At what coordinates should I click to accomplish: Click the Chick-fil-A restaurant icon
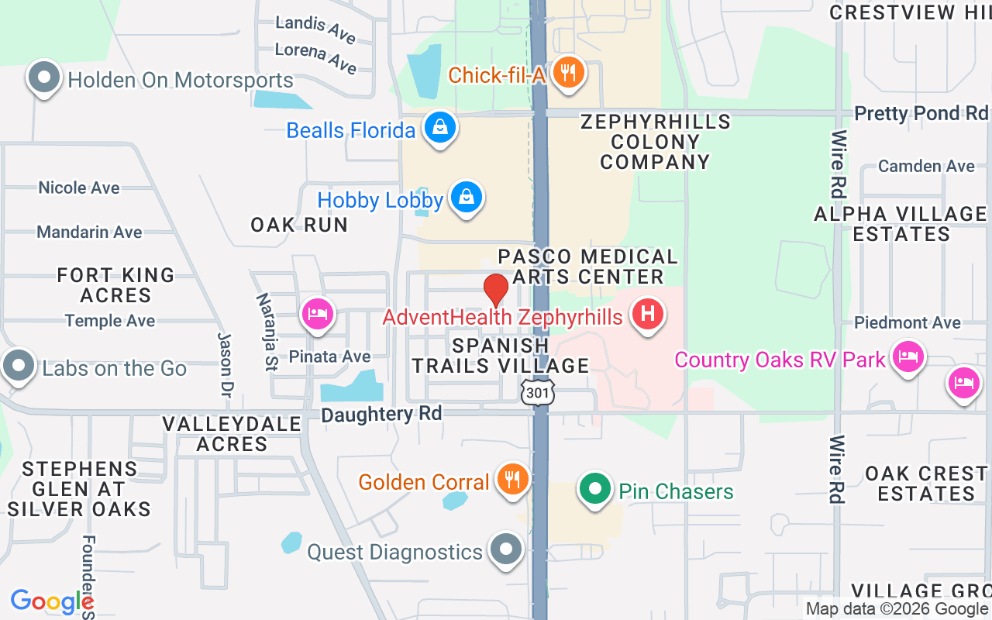coord(569,74)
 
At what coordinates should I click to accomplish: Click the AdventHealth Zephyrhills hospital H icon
coord(648,314)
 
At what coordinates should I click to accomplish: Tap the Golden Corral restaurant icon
coord(511,478)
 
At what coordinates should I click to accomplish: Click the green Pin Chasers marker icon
coord(595,489)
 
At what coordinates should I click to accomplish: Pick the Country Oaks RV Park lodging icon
coord(905,357)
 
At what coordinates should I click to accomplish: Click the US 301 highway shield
coord(537,392)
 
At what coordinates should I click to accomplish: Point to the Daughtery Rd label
coord(381,415)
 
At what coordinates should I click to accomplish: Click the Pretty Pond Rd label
coord(921,113)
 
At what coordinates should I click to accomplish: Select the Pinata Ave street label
coord(329,356)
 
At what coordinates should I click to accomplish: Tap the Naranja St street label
coord(267,332)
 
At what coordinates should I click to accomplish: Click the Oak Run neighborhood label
coord(299,225)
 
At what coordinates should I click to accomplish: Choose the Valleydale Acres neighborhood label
coord(232,434)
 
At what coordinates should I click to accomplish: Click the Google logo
coord(52,601)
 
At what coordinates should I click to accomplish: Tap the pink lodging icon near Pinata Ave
coord(317,314)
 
